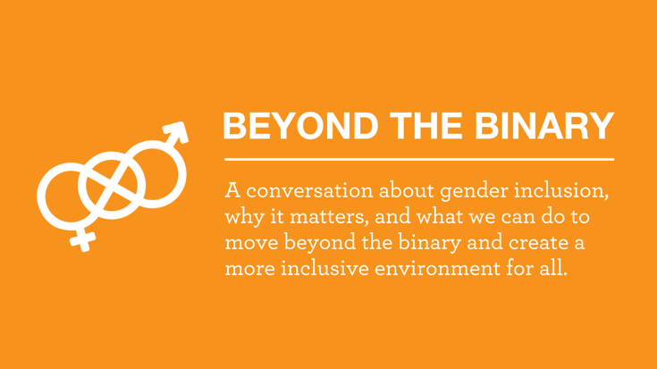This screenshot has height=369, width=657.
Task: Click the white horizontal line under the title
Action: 419,159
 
